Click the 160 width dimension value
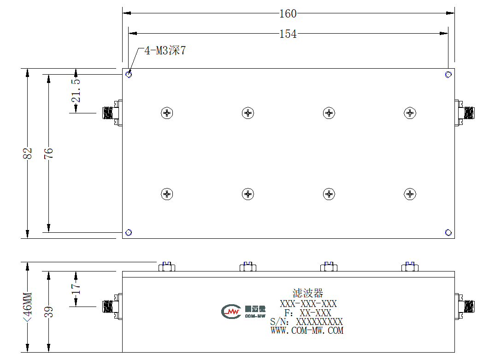(288, 13)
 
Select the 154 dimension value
(288, 34)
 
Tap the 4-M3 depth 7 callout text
(165, 50)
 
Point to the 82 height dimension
(28, 153)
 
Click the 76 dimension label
(48, 153)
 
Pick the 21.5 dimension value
(76, 91)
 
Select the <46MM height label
(28, 307)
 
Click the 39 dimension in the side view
(48, 312)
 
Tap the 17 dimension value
(76, 289)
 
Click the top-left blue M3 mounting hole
(129, 74)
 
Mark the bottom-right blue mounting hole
(448, 232)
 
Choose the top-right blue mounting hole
(448, 74)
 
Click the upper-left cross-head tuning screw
(167, 113)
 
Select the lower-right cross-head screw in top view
(410, 194)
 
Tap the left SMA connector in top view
(112, 113)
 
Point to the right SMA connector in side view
(465, 307)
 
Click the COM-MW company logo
(243, 312)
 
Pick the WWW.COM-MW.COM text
(307, 330)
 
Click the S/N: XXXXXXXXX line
(306, 321)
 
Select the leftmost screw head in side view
(167, 266)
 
